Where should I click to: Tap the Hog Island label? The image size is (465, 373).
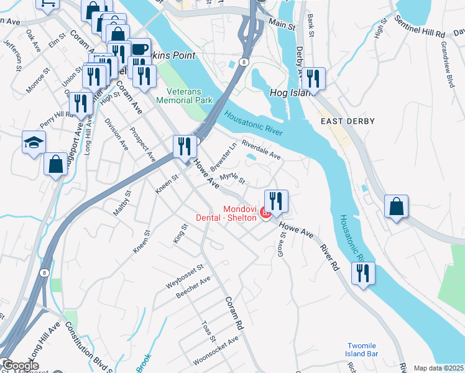tap(289, 93)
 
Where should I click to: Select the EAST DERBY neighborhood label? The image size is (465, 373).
tap(348, 121)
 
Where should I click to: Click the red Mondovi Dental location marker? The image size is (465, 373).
tap(266, 214)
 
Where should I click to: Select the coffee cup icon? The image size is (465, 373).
tap(139, 48)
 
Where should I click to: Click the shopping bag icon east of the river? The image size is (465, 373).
tap(396, 206)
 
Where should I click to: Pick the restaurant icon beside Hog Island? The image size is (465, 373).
tap(313, 78)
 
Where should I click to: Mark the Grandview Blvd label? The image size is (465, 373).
tap(446, 64)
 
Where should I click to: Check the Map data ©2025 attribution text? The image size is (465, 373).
tap(438, 368)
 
